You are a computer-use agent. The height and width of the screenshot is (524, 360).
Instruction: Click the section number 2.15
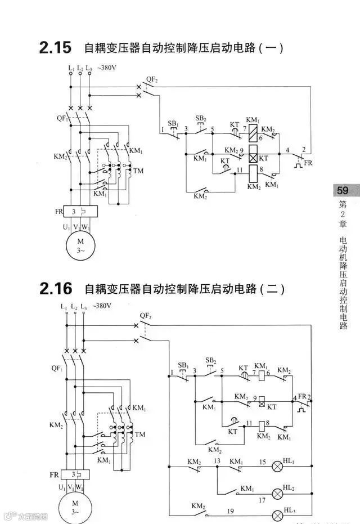[x=55, y=48]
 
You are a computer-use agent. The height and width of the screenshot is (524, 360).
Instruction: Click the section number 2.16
[x=56, y=289]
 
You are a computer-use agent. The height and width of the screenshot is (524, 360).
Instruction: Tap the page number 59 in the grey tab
[x=343, y=190]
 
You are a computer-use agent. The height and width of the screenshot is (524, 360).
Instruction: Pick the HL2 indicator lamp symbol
[x=277, y=493]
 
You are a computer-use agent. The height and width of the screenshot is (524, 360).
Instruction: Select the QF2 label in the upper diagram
[x=152, y=80]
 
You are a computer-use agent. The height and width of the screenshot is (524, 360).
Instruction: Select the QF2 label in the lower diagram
[x=146, y=316]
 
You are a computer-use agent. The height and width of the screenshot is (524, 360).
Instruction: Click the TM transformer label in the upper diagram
[x=138, y=170]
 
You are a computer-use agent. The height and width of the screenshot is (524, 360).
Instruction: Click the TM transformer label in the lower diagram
[x=140, y=435]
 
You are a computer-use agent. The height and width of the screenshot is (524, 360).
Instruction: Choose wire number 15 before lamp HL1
[x=262, y=462]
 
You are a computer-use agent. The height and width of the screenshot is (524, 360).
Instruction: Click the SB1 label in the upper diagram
[x=173, y=123]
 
